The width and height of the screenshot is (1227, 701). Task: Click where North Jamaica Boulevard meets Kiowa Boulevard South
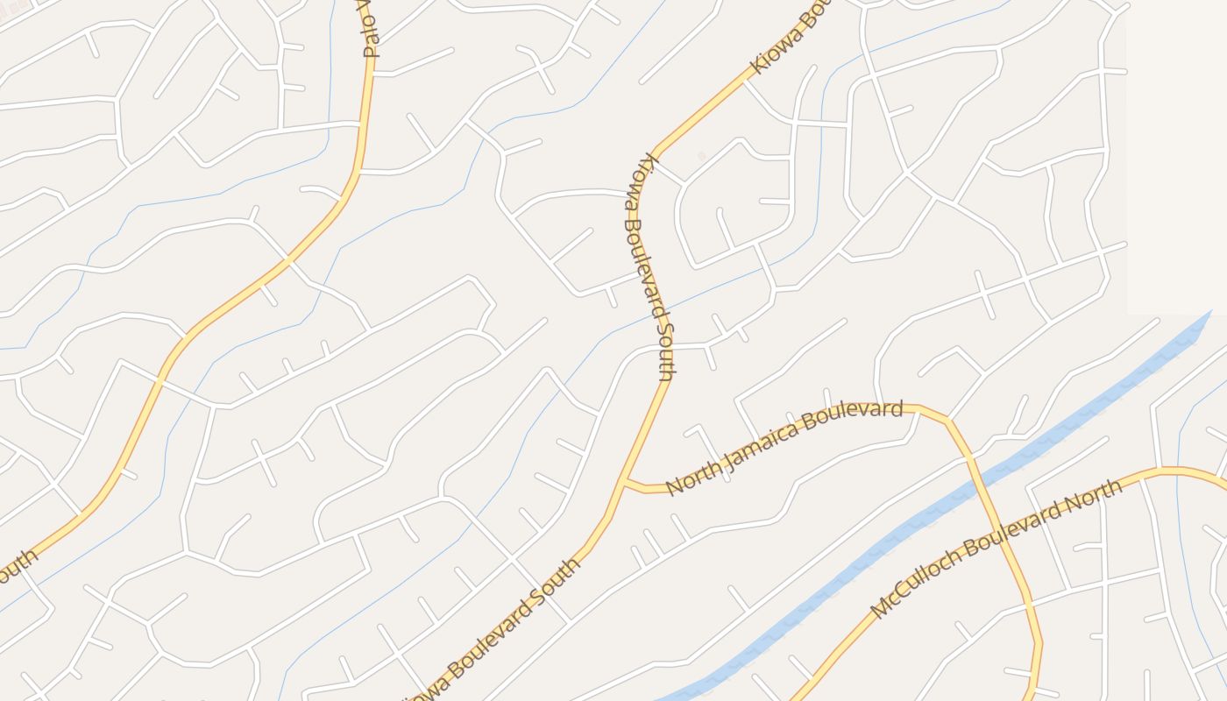tap(625, 481)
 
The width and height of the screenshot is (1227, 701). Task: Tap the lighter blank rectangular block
tap(1176, 158)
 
